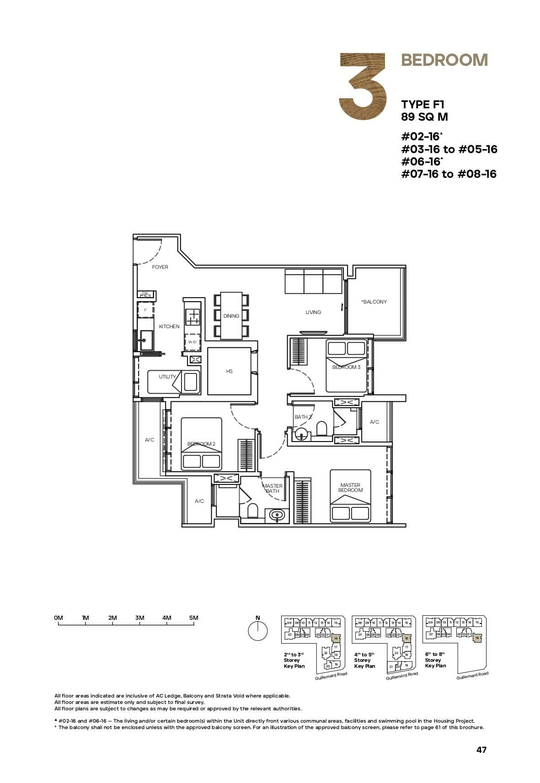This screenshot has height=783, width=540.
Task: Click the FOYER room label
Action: [160, 267]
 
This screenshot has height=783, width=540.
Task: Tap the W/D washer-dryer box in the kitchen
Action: [192, 342]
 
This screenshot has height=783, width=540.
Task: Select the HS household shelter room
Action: [229, 371]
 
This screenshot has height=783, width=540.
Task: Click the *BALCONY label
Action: [374, 302]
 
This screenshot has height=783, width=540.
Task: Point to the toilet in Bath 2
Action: [322, 428]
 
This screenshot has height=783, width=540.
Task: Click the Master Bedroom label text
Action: [350, 488]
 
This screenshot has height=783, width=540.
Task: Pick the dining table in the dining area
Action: [231, 316]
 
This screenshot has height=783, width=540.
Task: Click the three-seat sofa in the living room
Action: [313, 281]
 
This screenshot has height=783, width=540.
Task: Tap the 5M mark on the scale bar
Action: [194, 618]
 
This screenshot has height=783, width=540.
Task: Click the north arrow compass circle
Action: [257, 631]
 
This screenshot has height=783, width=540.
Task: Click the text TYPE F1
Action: [422, 105]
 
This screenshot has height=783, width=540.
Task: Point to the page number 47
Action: [481, 750]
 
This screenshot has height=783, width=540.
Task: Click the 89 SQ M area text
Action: [424, 117]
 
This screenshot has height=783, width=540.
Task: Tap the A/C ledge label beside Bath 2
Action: [374, 422]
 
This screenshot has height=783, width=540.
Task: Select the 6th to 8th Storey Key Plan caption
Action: [436, 660]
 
